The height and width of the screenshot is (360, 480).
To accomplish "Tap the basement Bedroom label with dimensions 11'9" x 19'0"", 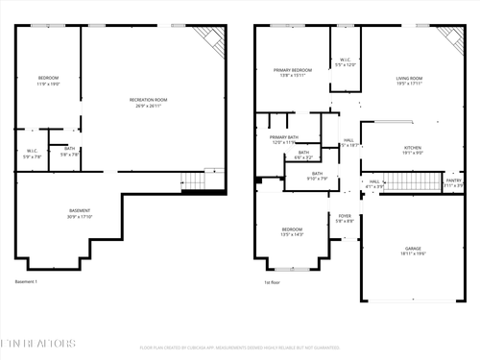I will pyautogui.click(x=48, y=81).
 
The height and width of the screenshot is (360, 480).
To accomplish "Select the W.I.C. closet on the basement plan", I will pyautogui.click(x=32, y=154).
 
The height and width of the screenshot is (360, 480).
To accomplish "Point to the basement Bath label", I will pyautogui.click(x=70, y=151).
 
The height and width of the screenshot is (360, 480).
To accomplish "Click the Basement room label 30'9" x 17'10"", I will pyautogui.click(x=80, y=213).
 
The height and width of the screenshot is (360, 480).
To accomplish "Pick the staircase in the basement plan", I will pyautogui.click(x=195, y=180).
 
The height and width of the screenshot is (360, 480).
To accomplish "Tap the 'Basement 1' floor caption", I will pyautogui.click(x=26, y=282).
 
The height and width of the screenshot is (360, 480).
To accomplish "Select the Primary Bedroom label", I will pyautogui.click(x=292, y=72).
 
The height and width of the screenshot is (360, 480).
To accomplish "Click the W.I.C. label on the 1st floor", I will pyautogui.click(x=346, y=62).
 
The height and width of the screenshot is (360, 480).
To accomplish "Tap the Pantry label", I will pyautogui.click(x=453, y=181).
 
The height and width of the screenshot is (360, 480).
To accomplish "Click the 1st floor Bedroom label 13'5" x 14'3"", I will pyautogui.click(x=293, y=232).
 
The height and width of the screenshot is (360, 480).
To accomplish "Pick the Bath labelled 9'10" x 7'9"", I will pyautogui.click(x=317, y=177).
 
